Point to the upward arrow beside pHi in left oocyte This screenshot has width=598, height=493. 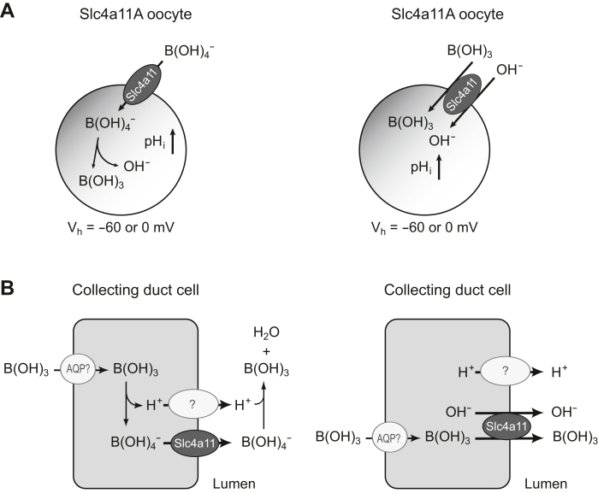tap(175, 139)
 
